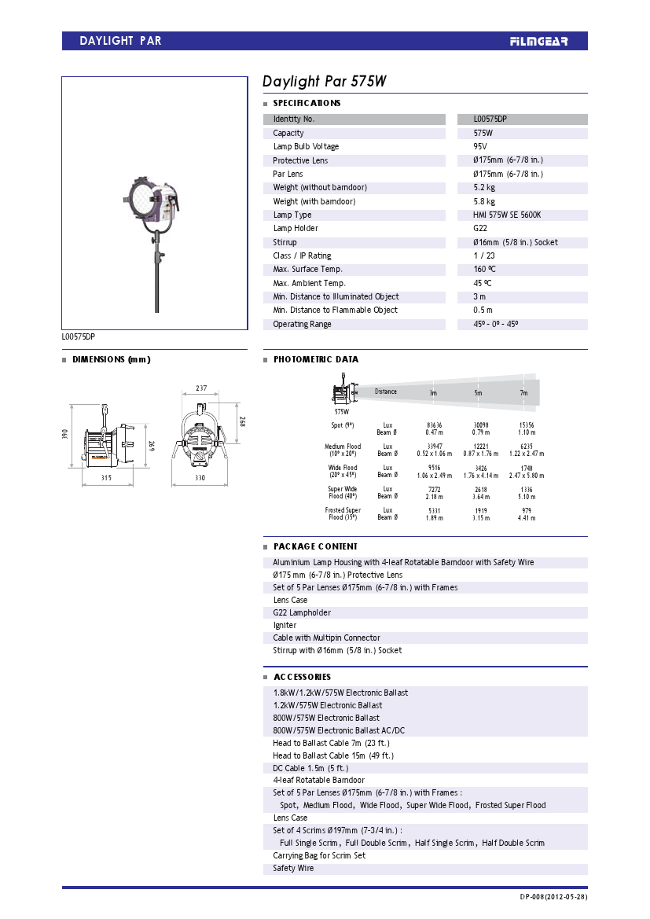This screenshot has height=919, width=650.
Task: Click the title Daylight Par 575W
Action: tap(324, 82)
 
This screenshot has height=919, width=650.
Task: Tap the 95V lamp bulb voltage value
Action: tap(480, 146)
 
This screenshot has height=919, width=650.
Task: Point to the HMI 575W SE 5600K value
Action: tap(507, 215)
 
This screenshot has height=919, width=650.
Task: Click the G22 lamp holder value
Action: tap(480, 228)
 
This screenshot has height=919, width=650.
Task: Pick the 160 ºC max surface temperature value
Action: tap(485, 269)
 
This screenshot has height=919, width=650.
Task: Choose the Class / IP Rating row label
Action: tap(302, 255)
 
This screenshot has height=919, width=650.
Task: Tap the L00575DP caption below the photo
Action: tap(79, 336)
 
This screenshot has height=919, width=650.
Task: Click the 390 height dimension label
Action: tap(66, 434)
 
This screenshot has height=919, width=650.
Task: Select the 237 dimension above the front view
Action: tap(202, 388)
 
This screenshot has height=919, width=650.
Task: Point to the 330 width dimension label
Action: tap(200, 478)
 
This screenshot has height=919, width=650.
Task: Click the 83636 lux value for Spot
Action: tap(434, 425)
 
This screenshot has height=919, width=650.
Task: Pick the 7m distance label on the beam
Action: tap(523, 392)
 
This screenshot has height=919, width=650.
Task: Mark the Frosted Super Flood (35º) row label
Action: tap(343, 513)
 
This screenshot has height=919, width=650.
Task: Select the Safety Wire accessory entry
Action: tap(293, 868)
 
